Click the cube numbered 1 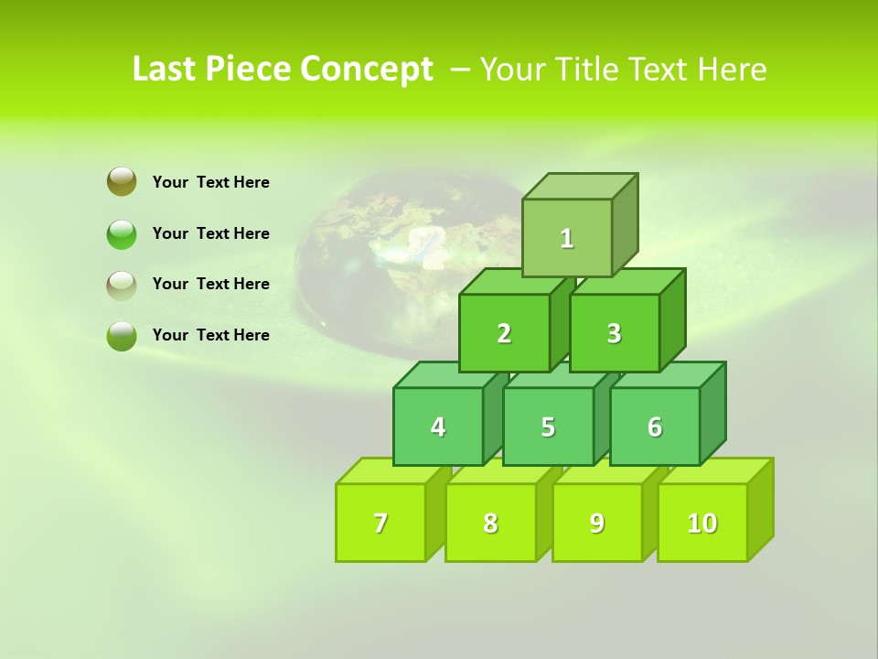coord(567,238)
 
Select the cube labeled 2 coord(504,333)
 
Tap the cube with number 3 coord(614,333)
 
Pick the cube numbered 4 coord(438,427)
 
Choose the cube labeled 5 coord(548,427)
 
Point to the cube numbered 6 coord(655,427)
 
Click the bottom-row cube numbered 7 coord(380,523)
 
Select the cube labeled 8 coord(490,523)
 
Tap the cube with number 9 coord(597,523)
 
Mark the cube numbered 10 coord(702,523)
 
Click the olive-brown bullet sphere coord(122,181)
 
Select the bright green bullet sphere coord(122,233)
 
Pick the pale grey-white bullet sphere coord(122,285)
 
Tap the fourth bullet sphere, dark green coord(122,336)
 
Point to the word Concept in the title coord(367,70)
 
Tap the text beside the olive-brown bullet coord(211,182)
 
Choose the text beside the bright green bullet coord(211,233)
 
